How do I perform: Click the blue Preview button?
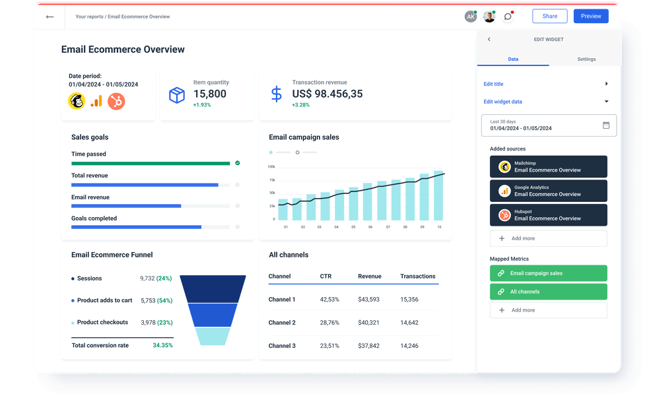click(590, 17)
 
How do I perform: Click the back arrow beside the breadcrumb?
click(50, 17)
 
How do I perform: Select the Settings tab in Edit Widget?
click(586, 59)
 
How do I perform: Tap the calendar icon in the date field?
click(606, 125)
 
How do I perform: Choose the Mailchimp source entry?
click(548, 166)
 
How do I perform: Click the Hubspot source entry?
click(548, 215)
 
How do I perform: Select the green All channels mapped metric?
click(548, 292)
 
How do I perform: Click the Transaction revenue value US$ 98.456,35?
click(327, 94)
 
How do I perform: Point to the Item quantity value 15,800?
click(209, 94)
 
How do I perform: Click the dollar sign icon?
click(277, 94)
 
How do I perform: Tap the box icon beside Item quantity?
click(177, 95)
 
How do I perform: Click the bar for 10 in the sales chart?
click(439, 196)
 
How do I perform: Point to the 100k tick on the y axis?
click(271, 167)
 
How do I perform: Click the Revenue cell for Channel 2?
click(368, 323)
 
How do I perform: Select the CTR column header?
click(326, 276)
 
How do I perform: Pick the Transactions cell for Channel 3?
click(409, 346)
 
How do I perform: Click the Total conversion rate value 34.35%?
click(162, 345)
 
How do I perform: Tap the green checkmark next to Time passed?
click(237, 162)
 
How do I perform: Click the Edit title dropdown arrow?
click(606, 84)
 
